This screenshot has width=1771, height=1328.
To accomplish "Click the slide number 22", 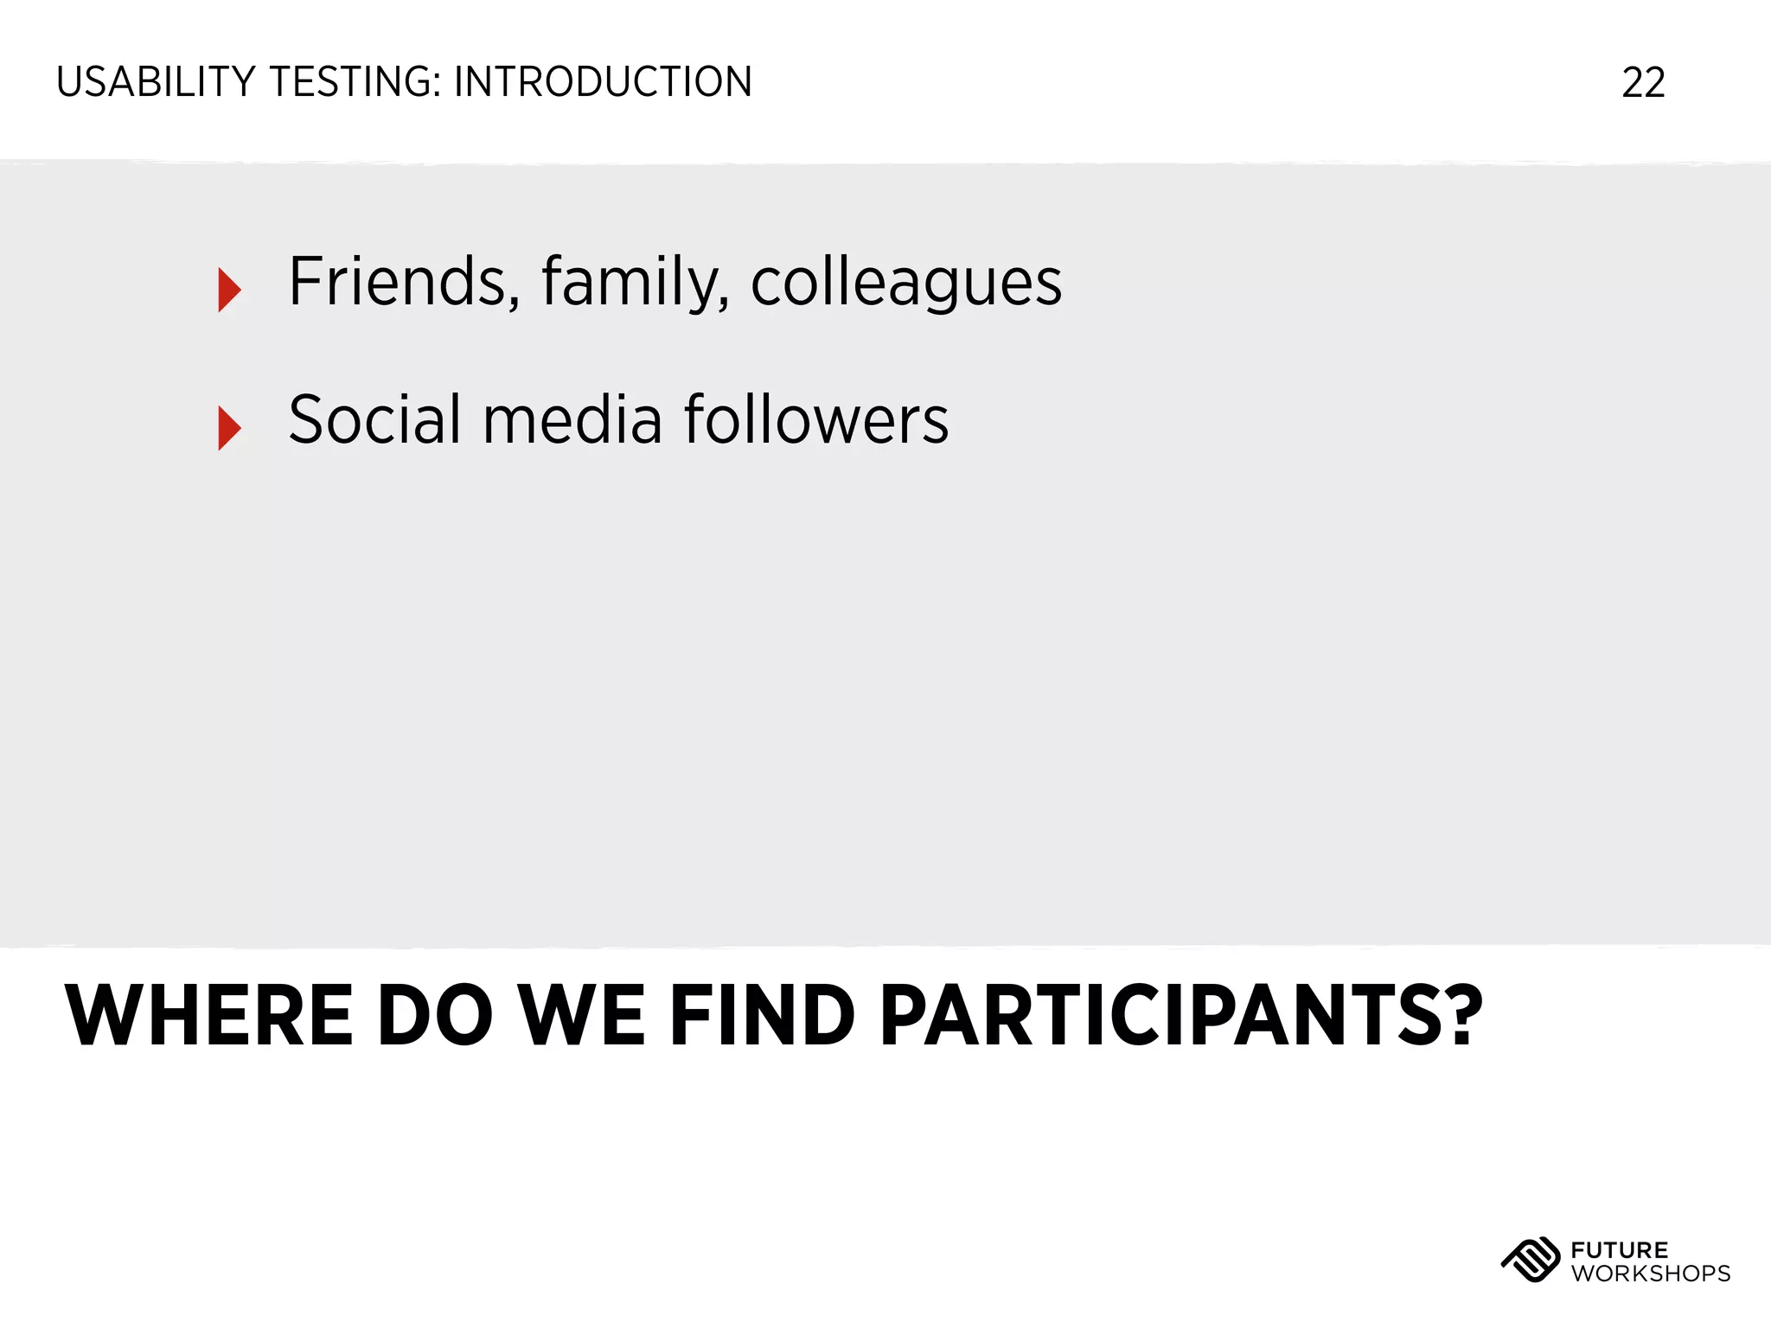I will (x=1643, y=83).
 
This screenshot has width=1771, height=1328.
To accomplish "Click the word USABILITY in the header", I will (x=156, y=83).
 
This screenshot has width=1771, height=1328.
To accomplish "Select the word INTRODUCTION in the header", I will (x=603, y=83).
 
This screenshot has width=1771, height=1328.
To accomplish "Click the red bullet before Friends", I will (x=229, y=290).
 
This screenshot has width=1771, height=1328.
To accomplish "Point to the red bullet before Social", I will (x=229, y=428).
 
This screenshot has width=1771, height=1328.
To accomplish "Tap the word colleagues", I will (x=905, y=284).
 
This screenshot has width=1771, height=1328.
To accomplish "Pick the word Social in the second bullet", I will (x=374, y=420).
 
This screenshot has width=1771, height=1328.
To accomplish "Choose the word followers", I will (x=815, y=420).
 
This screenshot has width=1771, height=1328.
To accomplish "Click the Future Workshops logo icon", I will (x=1530, y=1261).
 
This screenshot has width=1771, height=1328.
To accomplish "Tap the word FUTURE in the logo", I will (x=1619, y=1250).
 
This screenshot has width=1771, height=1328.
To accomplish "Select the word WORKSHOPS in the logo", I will (x=1650, y=1274).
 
